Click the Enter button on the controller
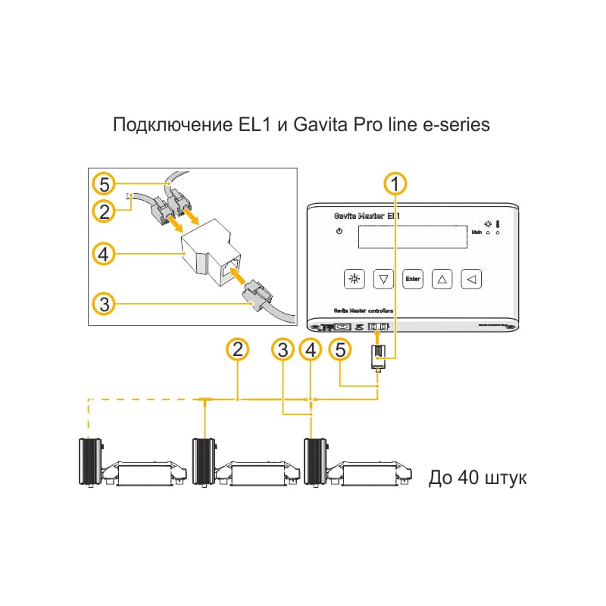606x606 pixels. [x=412, y=279]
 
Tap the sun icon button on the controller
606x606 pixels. [x=353, y=279]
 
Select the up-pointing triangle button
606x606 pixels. [x=442, y=279]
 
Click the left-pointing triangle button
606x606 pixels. [x=471, y=279]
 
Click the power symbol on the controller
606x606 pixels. [x=339, y=231]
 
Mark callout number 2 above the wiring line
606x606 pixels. [x=238, y=349]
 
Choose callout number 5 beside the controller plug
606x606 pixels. [x=341, y=349]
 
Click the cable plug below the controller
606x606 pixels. [x=378, y=356]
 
